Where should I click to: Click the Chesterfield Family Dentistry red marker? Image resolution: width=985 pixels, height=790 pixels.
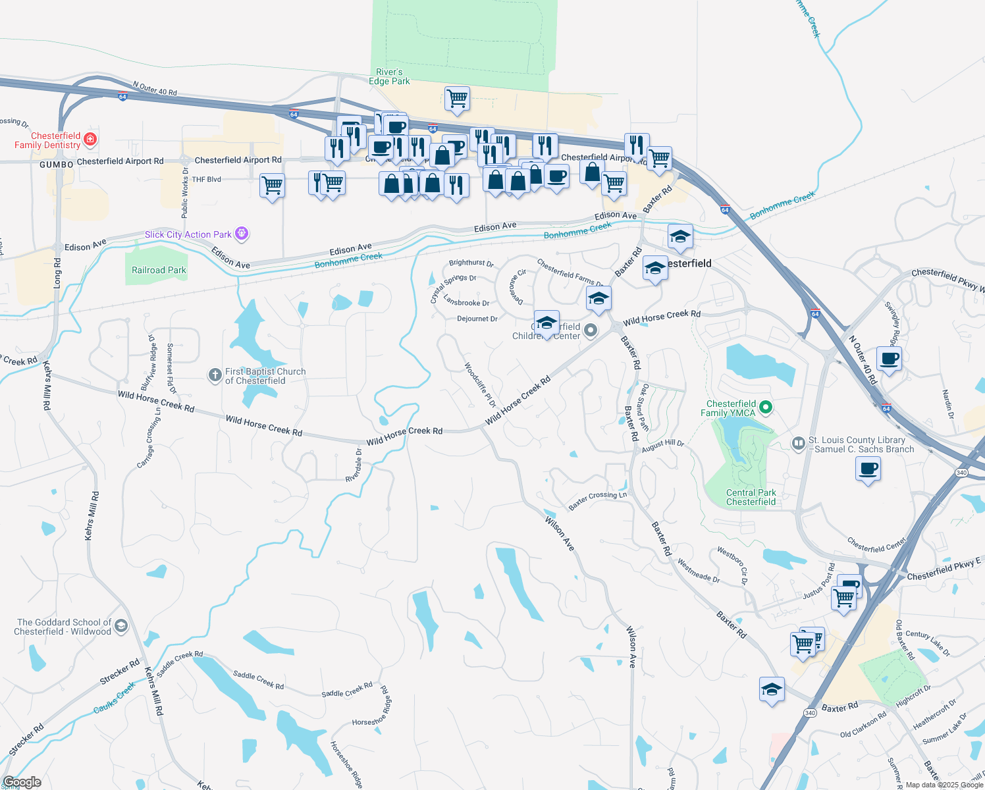click(x=90, y=139)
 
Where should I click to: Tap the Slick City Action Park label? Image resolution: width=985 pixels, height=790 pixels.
click(x=188, y=234)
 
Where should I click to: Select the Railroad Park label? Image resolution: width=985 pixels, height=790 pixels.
click(x=159, y=270)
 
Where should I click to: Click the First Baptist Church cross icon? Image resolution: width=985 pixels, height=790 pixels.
click(x=215, y=375)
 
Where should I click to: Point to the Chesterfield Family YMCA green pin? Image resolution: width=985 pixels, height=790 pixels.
click(x=765, y=408)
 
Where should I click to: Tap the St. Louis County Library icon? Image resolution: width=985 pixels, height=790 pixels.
click(x=798, y=444)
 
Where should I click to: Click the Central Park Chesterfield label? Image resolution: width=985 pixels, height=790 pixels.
click(x=751, y=497)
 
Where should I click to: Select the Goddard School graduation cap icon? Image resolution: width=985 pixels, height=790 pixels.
click(x=120, y=625)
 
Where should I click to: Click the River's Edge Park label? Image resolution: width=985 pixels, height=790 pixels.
click(x=389, y=76)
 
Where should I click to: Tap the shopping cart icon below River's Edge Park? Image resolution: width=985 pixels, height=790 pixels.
click(x=457, y=99)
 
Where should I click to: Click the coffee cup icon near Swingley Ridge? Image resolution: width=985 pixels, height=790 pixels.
click(x=889, y=359)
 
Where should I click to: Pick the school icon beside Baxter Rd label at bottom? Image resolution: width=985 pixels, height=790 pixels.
click(x=772, y=689)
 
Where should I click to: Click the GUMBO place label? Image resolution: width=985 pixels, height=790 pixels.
click(x=57, y=164)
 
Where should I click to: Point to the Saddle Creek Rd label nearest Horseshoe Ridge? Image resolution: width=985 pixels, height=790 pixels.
click(x=347, y=690)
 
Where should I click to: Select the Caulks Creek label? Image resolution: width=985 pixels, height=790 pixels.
click(x=115, y=698)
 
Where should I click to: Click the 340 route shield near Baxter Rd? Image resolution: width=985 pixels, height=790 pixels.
click(x=811, y=713)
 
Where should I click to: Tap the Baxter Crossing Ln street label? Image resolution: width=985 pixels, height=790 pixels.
click(x=597, y=500)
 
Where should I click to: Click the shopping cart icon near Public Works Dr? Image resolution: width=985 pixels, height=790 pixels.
click(x=272, y=186)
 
